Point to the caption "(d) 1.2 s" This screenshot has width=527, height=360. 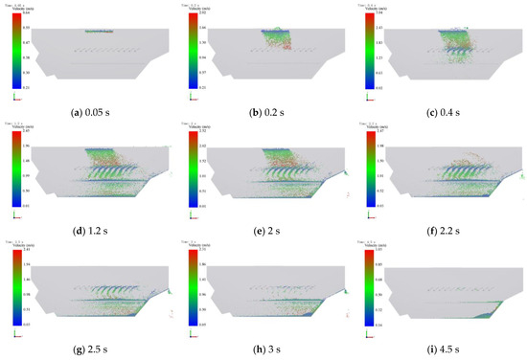coord(88,226)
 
